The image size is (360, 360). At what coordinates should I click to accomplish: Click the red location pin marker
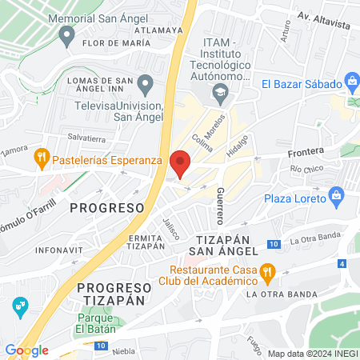tap(181, 162)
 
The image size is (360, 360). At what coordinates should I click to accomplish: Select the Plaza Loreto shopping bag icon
tap(336, 196)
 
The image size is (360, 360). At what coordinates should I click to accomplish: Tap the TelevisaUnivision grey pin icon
tap(145, 83)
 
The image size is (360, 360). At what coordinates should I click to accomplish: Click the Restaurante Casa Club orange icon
tap(269, 274)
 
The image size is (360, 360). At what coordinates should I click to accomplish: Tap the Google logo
tap(26, 350)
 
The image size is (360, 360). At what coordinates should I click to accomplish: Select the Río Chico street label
tap(306, 169)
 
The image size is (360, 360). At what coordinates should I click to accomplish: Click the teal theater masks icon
tap(20, 305)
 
